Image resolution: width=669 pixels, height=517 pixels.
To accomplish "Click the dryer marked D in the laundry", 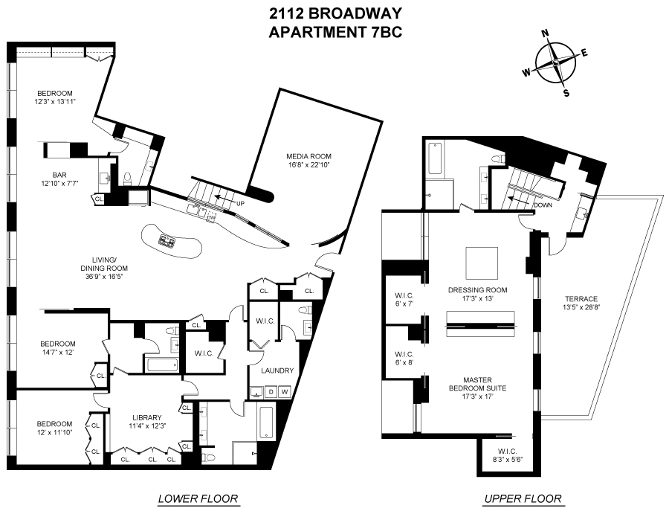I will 271,391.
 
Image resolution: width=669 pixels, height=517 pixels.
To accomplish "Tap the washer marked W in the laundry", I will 285,391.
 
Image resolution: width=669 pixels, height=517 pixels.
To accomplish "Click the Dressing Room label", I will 478,290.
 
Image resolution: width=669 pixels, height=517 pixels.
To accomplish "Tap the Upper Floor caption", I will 523,498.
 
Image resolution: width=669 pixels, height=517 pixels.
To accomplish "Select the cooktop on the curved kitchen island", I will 165,241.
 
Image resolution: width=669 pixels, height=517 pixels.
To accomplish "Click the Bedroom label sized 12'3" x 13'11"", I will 56,97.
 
